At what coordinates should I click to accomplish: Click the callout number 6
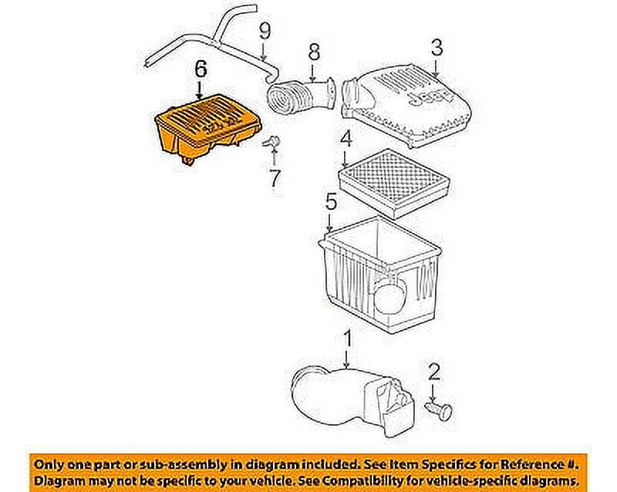[x=200, y=69]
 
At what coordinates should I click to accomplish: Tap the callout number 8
[x=313, y=52]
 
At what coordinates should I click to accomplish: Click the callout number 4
[x=346, y=140]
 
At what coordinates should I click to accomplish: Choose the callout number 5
[x=330, y=204]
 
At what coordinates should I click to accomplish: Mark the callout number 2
[x=433, y=373]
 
